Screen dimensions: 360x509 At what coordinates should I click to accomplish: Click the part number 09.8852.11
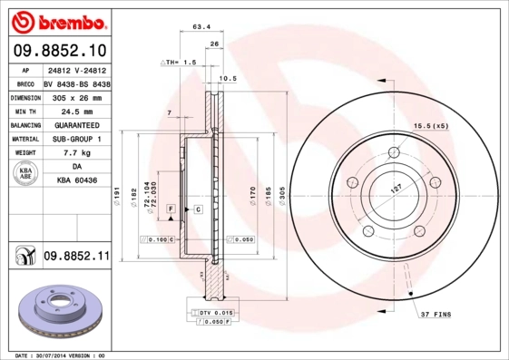click(x=76, y=258)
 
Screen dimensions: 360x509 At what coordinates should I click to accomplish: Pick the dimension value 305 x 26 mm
click(x=76, y=96)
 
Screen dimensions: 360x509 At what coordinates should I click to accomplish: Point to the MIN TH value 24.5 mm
click(x=76, y=111)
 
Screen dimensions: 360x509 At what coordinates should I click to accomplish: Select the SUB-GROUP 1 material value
click(x=76, y=140)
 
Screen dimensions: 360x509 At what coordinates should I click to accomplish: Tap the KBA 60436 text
click(x=76, y=182)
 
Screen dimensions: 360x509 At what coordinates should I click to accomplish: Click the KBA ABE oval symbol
click(x=26, y=175)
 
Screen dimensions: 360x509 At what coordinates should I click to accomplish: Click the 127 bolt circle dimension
click(x=396, y=189)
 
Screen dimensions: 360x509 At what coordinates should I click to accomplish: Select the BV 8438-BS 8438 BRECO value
click(x=76, y=82)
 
